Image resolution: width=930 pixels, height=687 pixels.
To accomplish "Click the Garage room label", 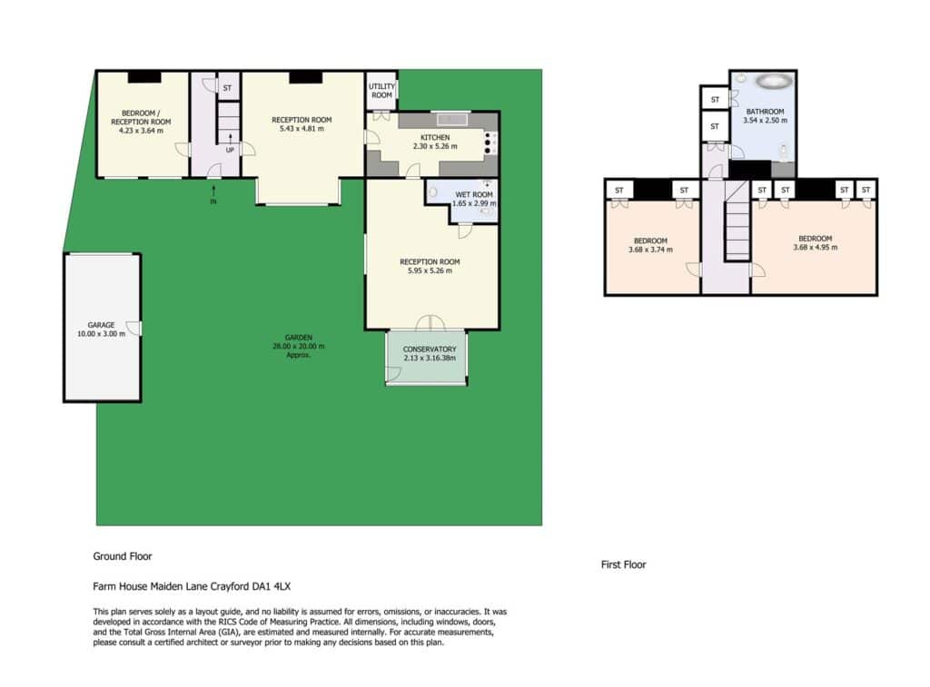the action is pos(101,325).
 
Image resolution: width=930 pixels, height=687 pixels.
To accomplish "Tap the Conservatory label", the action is pos(430,349).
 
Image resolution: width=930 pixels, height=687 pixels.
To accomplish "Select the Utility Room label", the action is pos(381,91).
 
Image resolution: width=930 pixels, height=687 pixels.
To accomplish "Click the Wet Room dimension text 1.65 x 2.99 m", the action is pos(474,203).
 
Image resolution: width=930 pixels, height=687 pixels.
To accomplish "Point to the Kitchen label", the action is pos(435,138).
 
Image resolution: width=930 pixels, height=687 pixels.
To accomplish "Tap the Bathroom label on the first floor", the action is pos(765,112).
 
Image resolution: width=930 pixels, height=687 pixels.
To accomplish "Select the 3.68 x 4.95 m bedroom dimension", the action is pos(815,247).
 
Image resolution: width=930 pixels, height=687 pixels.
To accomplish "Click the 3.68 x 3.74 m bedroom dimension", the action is pos(650,250).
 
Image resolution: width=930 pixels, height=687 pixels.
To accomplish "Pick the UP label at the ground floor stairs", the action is pos(230,150).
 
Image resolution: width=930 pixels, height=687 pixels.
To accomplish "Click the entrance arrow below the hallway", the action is pos(213,191).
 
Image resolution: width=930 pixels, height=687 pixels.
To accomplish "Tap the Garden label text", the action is pos(298,338).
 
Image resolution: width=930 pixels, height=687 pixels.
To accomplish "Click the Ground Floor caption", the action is pos(123,556).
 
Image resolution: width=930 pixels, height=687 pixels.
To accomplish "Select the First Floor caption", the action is pos(623,564).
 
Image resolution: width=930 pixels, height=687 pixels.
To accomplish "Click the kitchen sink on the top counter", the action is pos(452,120).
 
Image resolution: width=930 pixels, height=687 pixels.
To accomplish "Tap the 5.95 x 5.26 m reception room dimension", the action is pos(430,270).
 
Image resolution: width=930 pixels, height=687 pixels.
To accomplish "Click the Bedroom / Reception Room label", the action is pos(141,117).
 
